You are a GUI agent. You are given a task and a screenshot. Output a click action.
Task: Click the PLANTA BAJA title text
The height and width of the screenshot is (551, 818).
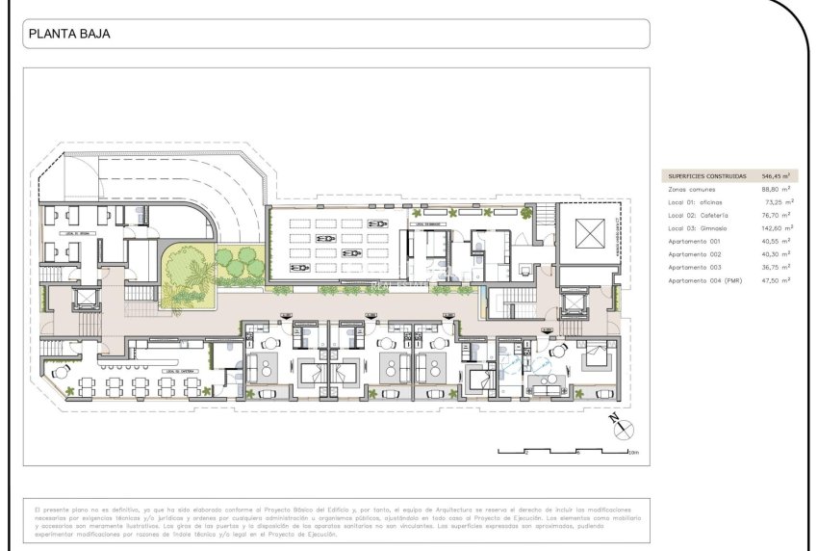pyautogui.click(x=69, y=34)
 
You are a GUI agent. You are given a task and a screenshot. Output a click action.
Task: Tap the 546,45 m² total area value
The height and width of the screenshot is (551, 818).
pyautogui.click(x=776, y=176)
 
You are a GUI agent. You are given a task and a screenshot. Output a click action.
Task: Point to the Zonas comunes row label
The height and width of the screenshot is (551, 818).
pyautogui.click(x=692, y=190)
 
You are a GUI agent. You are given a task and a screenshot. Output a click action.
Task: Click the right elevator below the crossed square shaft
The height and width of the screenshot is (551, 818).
pyautogui.click(x=575, y=304)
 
